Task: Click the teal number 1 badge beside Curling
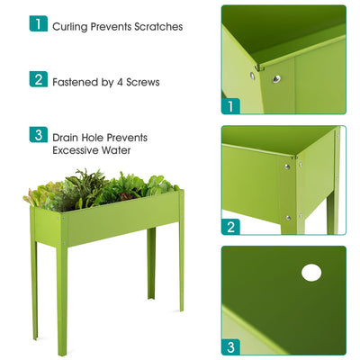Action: (x=37, y=24)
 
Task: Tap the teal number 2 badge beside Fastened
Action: (x=37, y=80)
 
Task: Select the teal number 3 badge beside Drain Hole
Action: (x=37, y=136)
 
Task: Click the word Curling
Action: (x=71, y=26)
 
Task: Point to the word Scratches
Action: (x=159, y=26)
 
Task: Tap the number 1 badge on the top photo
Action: (x=230, y=106)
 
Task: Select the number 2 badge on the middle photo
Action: (x=230, y=227)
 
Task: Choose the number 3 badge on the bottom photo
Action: (x=230, y=346)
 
